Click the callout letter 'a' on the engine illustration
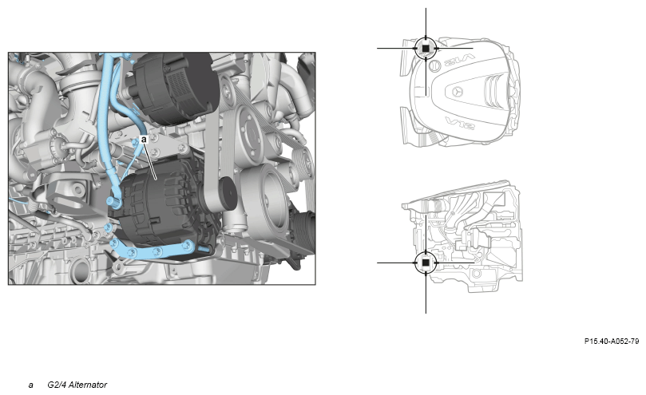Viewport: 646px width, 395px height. [x=144, y=140]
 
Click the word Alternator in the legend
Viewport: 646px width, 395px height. [x=87, y=385]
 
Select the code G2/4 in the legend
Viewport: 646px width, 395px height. [x=56, y=385]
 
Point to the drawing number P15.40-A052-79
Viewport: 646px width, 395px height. [x=612, y=342]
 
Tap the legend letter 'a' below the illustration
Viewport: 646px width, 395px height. [x=31, y=385]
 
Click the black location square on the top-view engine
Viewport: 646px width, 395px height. [x=426, y=48]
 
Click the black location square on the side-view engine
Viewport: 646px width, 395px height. [x=426, y=263]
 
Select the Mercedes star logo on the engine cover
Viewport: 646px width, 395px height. [x=457, y=92]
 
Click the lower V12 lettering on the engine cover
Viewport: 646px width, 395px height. [x=459, y=123]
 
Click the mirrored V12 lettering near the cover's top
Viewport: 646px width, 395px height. [x=459, y=61]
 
